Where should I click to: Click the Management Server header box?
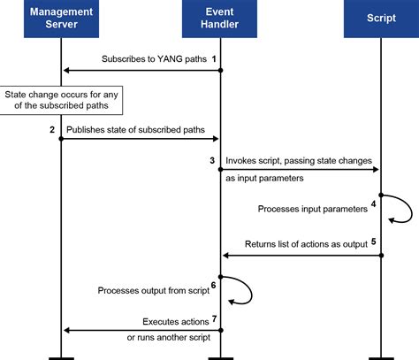pyautogui.click(x=61, y=19)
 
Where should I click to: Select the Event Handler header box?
pyautogui.click(x=220, y=19)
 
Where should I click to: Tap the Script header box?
pyautogui.click(x=380, y=19)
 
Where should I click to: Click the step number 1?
pyautogui.click(x=213, y=58)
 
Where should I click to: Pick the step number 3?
pyautogui.click(x=212, y=160)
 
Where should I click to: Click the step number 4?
pyautogui.click(x=374, y=203)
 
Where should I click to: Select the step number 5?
pyautogui.click(x=374, y=241)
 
